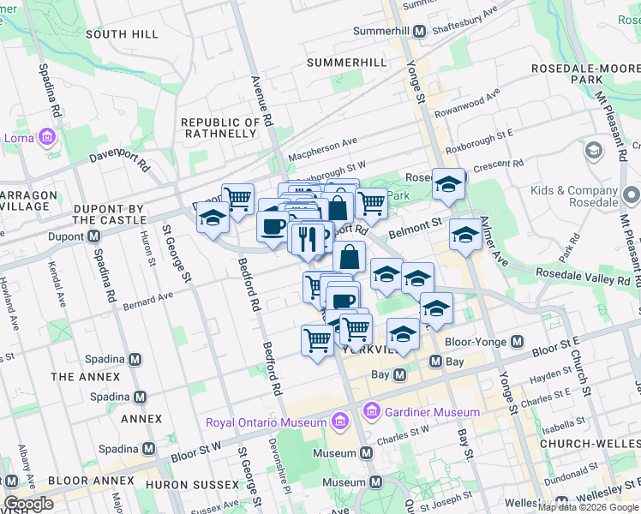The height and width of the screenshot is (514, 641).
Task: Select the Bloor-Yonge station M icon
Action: click(517, 341)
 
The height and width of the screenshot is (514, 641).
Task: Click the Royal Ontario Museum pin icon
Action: click(339, 421)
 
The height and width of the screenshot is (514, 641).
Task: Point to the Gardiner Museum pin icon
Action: click(372, 412)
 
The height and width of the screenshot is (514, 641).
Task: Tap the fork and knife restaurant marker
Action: click(308, 238)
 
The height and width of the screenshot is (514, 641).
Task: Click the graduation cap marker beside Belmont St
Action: click(465, 234)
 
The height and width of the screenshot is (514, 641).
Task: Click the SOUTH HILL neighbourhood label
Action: click(123, 34)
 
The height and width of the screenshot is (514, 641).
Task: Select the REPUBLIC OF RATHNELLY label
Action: click(220, 128)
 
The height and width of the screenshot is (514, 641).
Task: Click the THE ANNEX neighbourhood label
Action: click(86, 377)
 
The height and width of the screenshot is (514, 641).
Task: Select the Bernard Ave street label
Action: click(147, 300)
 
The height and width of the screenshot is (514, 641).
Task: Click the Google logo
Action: click(29, 504)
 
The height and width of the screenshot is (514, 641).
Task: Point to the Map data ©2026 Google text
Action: click(589, 507)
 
